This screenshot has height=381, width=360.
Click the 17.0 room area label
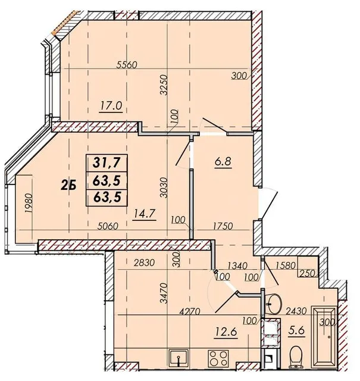pos(111,106)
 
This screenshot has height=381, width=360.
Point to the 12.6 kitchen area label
pos(226,332)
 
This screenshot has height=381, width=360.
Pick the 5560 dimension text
pos(127,65)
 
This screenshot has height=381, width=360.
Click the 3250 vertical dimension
pos(164,85)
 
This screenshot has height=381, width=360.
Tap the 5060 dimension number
pos(107,226)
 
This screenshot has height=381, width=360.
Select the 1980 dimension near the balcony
pos(29,204)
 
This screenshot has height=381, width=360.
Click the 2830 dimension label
pos(144,263)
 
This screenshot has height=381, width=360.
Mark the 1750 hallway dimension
pos(223,226)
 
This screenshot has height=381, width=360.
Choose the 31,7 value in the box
pos(107,163)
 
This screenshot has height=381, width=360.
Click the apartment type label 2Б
pos(69,186)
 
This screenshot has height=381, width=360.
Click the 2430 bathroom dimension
pos(296,311)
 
